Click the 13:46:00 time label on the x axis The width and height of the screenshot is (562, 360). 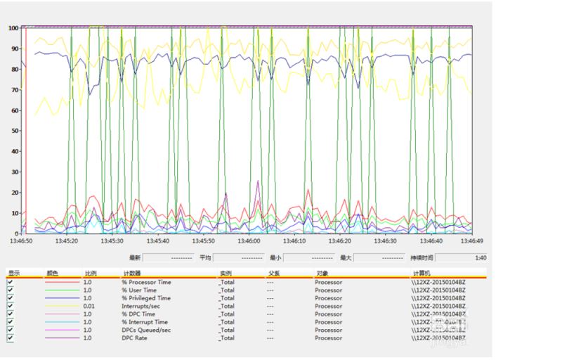(x=248, y=240)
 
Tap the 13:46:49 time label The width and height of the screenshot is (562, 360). (x=471, y=240)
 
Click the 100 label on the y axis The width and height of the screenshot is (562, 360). (x=13, y=28)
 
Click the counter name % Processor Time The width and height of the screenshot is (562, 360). (x=146, y=282)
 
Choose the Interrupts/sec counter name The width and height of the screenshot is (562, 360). (x=140, y=306)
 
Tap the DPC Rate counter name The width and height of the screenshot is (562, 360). (x=135, y=338)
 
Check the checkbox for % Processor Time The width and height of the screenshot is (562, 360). (x=11, y=282)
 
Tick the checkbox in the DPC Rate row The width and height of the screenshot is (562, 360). (x=11, y=338)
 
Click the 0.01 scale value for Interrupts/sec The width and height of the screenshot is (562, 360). (x=89, y=306)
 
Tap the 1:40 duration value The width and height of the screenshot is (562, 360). (x=481, y=258)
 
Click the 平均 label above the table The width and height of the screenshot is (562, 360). (x=205, y=258)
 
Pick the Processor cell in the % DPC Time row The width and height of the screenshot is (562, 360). (x=328, y=314)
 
